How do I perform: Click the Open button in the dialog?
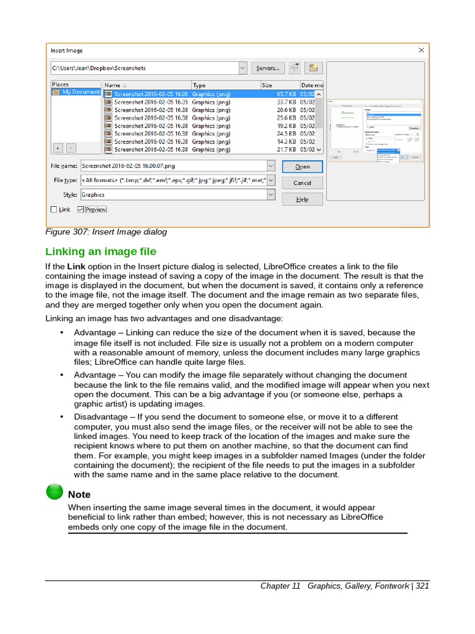pos(302,167)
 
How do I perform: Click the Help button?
pos(302,199)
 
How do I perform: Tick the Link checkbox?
pos(54,210)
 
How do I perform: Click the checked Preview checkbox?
pos(81,210)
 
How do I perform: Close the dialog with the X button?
pos(421,50)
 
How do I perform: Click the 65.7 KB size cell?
pos(286,94)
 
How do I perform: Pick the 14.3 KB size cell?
pos(286,141)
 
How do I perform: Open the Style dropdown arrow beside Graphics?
pos(271,194)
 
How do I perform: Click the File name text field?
pos(173,166)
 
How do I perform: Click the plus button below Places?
pos(58,148)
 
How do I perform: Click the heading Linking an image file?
pos(101,251)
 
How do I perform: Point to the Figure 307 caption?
pos(106,232)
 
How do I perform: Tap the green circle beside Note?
pos(54,492)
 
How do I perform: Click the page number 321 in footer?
pos(422,586)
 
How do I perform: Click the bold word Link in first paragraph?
pos(75,266)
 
